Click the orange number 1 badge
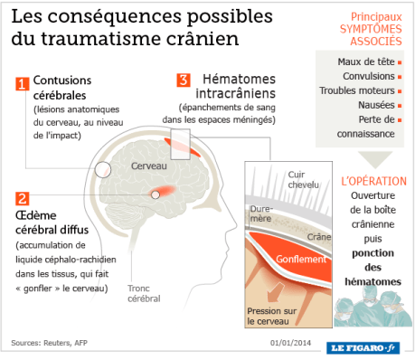point(23,84)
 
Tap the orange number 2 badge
point(23,197)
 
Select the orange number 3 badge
point(184,80)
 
